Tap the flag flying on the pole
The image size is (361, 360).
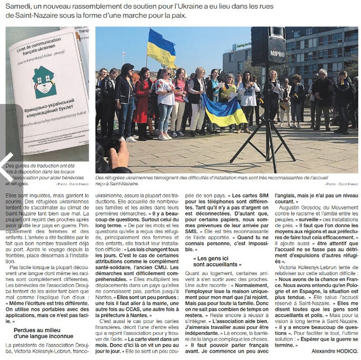(x=161, y=47)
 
